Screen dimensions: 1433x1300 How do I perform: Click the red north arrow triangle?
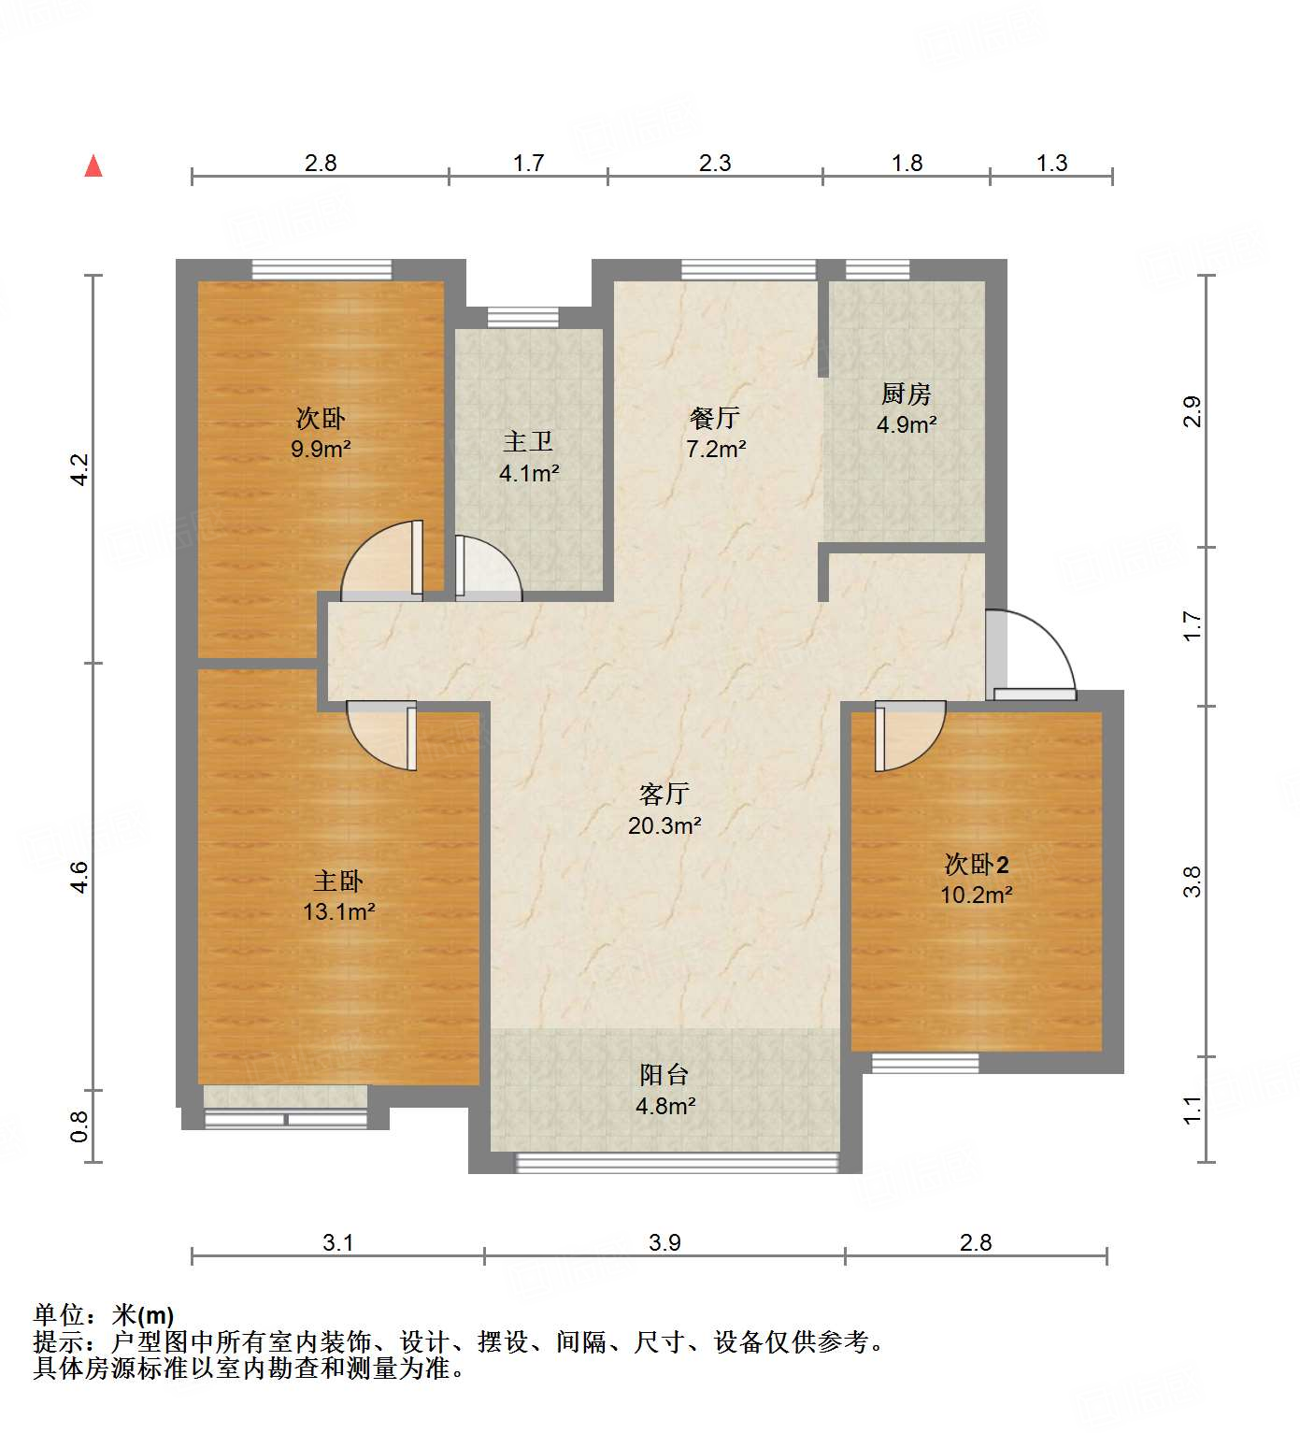pos(93,166)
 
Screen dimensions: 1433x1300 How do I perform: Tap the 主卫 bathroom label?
pos(528,441)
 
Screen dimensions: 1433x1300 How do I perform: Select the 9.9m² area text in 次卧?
pos(321,449)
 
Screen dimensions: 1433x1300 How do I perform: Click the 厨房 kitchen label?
pos(906,394)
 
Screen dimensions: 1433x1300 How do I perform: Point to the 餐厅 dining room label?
pos(715,417)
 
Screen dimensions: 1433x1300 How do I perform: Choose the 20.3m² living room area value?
pos(664,825)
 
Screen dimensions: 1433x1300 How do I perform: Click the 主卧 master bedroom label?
pos(338,881)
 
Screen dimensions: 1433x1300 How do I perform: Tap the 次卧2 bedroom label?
pos(977,864)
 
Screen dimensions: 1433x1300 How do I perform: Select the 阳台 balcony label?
pos(664,1075)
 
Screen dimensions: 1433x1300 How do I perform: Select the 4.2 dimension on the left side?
pos(79,469)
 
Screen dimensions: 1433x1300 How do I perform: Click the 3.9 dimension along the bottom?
pos(664,1242)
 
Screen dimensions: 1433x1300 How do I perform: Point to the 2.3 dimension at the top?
pos(715,163)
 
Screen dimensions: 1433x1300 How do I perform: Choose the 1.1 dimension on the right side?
pos(1192,1110)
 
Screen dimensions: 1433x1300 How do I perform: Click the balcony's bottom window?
pos(677,1163)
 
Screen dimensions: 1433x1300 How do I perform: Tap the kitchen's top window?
pos(877,270)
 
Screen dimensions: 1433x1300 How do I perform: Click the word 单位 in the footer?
pos(59,1315)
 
